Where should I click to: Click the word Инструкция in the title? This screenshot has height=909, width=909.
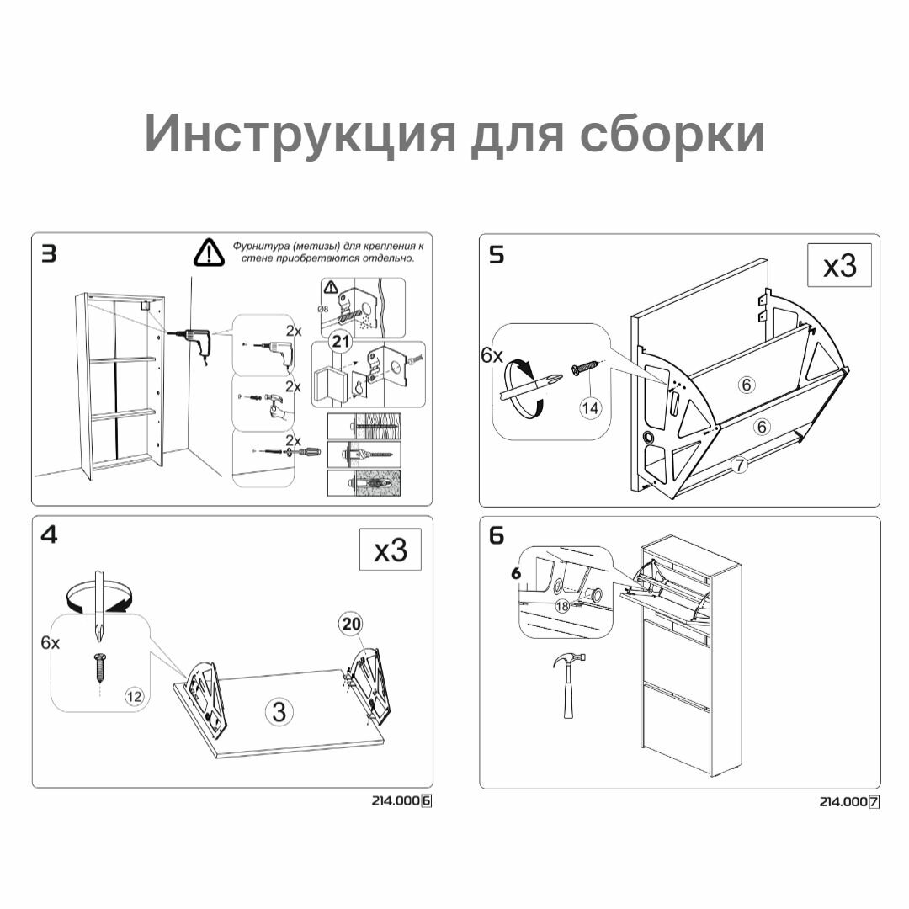[298, 133]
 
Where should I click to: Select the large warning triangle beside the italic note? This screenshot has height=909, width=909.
[207, 252]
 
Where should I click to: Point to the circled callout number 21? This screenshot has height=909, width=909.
[340, 341]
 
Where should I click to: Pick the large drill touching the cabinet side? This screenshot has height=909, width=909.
[195, 339]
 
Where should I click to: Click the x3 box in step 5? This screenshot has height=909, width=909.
[839, 266]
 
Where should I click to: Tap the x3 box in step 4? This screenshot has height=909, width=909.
[391, 550]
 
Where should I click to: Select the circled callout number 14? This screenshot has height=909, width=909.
[591, 407]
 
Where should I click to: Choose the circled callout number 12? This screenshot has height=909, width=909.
[134, 695]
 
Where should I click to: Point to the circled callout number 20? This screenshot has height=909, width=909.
[351, 624]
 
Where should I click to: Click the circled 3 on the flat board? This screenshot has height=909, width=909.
[279, 711]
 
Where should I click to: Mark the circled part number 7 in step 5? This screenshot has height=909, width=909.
[739, 464]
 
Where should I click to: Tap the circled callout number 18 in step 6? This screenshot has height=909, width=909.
[562, 605]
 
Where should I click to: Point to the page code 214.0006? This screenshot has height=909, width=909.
[401, 801]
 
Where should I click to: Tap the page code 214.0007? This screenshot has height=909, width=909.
[849, 802]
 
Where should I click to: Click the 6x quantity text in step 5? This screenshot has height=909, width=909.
[492, 356]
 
